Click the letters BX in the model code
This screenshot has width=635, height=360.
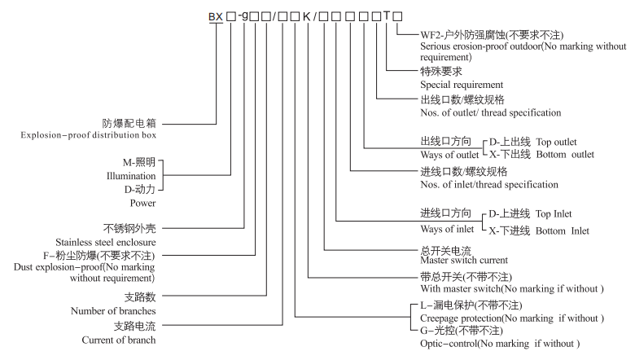(x=216, y=15)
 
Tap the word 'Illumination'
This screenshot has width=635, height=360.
(x=131, y=175)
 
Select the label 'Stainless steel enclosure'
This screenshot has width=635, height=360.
(x=105, y=241)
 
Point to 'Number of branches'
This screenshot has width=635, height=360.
(x=113, y=310)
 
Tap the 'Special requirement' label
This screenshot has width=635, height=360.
(x=461, y=84)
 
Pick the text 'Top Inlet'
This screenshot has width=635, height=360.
(x=554, y=213)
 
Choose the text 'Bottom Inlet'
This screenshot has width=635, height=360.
(x=562, y=230)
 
